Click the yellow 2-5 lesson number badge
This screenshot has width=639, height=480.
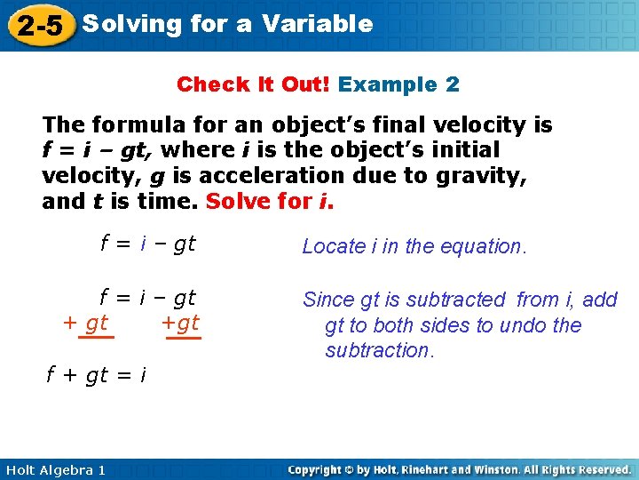point(39,26)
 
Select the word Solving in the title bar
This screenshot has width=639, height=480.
point(131,24)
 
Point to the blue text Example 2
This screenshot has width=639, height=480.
point(398,84)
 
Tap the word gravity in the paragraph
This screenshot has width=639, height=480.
point(485,176)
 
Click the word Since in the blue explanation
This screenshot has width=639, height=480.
point(329,300)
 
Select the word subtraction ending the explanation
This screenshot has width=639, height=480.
point(379,350)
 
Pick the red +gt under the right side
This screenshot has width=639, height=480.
point(181,324)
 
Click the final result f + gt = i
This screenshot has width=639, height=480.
point(96,376)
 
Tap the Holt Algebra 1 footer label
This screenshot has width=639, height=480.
point(55,469)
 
